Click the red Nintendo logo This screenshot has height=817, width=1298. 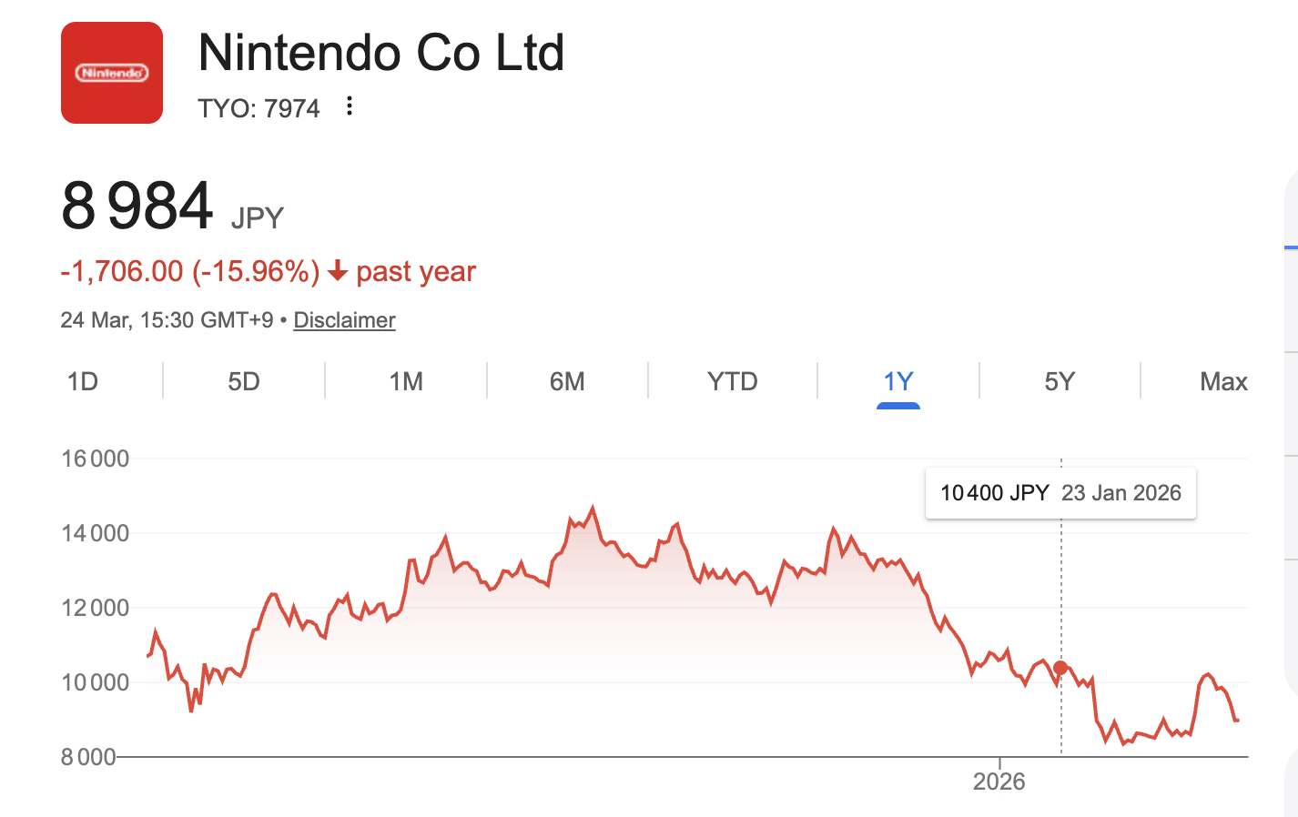tap(112, 73)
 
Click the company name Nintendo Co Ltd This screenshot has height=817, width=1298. tap(381, 53)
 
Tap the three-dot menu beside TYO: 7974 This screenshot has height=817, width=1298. tap(350, 106)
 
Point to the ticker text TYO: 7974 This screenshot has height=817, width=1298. tap(259, 108)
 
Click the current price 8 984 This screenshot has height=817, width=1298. tap(137, 206)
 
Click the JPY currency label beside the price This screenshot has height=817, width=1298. tap(258, 218)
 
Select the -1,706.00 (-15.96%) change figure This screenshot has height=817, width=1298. tap(190, 271)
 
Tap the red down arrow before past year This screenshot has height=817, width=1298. tap(338, 271)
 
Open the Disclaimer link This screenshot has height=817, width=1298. tap(344, 320)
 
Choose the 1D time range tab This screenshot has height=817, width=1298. tap(83, 381)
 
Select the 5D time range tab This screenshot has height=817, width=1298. tap(244, 381)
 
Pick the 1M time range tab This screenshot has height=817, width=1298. tap(406, 381)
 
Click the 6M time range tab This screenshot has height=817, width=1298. tap(567, 381)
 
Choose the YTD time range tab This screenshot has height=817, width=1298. tap(733, 381)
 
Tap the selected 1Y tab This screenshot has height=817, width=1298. tap(898, 381)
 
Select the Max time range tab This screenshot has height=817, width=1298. tap(1223, 381)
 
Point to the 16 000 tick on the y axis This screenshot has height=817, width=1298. tap(96, 459)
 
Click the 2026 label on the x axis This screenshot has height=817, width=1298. tap(999, 782)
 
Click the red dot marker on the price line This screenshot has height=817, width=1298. tap(1060, 668)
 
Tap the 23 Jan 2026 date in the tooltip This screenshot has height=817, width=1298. tap(1121, 493)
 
